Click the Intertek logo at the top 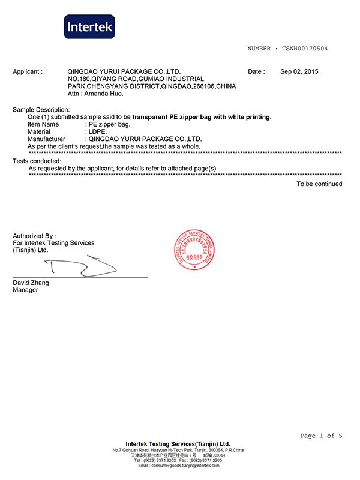pos(89,27)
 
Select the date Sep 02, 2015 pos(299,71)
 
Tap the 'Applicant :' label pos(28,71)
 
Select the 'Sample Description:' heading pos(41,110)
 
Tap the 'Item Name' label pos(43,124)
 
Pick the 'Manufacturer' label pos(46,139)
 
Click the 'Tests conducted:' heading pos(37,161)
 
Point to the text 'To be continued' pos(319,184)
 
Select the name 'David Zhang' pos(31,283)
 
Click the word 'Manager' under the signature pos(25,290)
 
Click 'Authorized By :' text pos(34,236)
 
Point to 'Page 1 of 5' pos(321,436)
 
